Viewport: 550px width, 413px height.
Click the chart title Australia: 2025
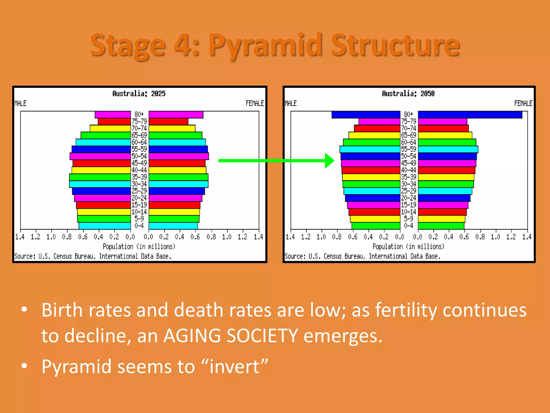coord(139,94)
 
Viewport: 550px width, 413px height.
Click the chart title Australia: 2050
coord(408,94)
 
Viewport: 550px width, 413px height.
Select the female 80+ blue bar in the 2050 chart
coord(470,115)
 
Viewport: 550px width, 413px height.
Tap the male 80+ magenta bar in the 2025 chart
coord(113,115)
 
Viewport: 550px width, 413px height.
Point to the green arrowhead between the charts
coord(329,161)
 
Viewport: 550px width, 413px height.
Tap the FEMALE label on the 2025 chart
coord(255,104)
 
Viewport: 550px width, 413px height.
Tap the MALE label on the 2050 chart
coord(291,104)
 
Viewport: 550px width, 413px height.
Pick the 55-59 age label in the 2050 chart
coord(408,149)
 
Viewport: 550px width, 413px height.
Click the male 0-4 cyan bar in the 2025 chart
coord(105,226)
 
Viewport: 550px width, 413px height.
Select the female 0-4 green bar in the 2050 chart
coord(441,226)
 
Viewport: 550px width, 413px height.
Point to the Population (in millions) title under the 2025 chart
coord(139,247)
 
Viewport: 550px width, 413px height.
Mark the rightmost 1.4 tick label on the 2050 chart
coord(527,237)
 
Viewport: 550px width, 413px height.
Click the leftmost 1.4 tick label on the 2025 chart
coord(20,237)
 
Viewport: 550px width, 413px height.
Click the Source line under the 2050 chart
coord(363,257)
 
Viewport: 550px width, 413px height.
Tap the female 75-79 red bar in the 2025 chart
coord(168,122)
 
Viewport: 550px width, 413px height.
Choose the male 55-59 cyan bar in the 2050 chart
coord(370,149)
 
